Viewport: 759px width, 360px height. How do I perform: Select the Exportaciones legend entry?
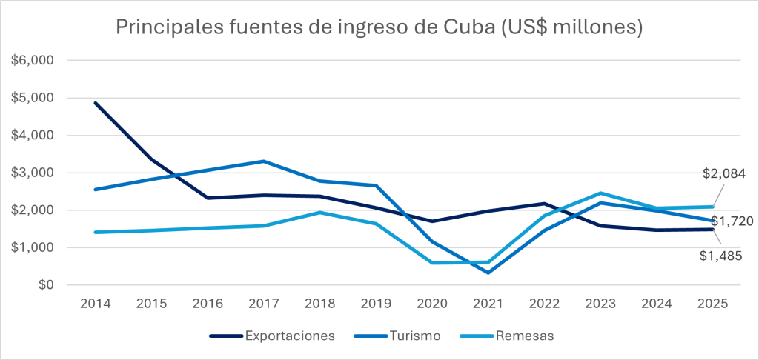click(x=290, y=336)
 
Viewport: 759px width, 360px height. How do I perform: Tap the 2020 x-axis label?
click(x=432, y=304)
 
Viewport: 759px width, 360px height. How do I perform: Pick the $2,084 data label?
click(x=723, y=174)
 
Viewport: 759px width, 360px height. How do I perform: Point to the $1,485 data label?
click(x=721, y=256)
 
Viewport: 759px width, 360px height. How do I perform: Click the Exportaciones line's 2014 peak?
click(x=96, y=103)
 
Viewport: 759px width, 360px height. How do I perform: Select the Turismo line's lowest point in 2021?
click(x=488, y=273)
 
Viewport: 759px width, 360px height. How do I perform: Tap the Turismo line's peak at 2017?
click(x=264, y=161)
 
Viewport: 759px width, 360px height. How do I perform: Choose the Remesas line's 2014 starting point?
click(x=96, y=232)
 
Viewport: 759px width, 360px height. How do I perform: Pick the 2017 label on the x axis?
click(x=264, y=304)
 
